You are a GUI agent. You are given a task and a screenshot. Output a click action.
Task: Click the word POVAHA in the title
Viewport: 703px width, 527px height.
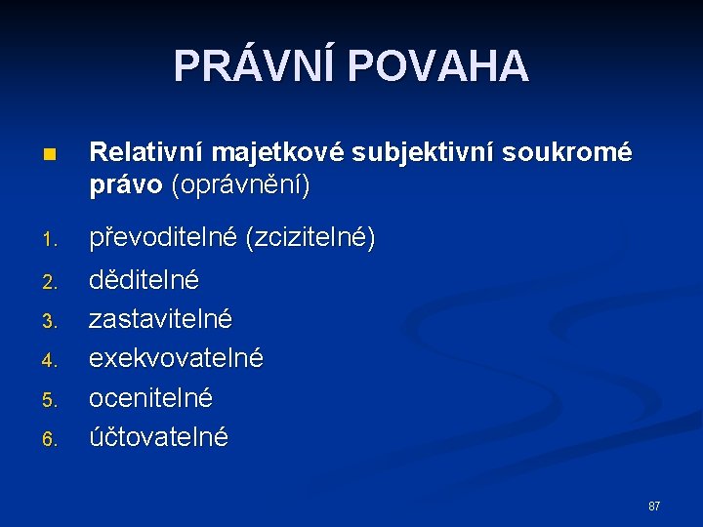[437, 65]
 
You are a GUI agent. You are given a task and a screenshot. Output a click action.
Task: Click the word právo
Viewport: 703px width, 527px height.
[126, 186]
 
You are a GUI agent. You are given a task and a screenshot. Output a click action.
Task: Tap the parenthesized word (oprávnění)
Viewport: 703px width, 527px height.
[240, 186]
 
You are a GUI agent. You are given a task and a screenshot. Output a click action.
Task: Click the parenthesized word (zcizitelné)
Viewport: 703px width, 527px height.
[310, 237]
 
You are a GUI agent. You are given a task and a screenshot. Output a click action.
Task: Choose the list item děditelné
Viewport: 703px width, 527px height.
[144, 280]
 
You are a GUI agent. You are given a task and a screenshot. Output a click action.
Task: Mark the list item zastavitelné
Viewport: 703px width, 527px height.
[160, 319]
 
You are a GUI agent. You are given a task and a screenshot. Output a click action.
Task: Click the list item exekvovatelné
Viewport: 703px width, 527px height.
[176, 358]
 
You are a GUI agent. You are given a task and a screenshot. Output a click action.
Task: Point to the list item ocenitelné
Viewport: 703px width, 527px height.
[150, 398]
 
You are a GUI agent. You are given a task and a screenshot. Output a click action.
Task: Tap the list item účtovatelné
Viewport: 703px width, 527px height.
[158, 436]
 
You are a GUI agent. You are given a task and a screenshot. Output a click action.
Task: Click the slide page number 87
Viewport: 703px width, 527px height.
[654, 507]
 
